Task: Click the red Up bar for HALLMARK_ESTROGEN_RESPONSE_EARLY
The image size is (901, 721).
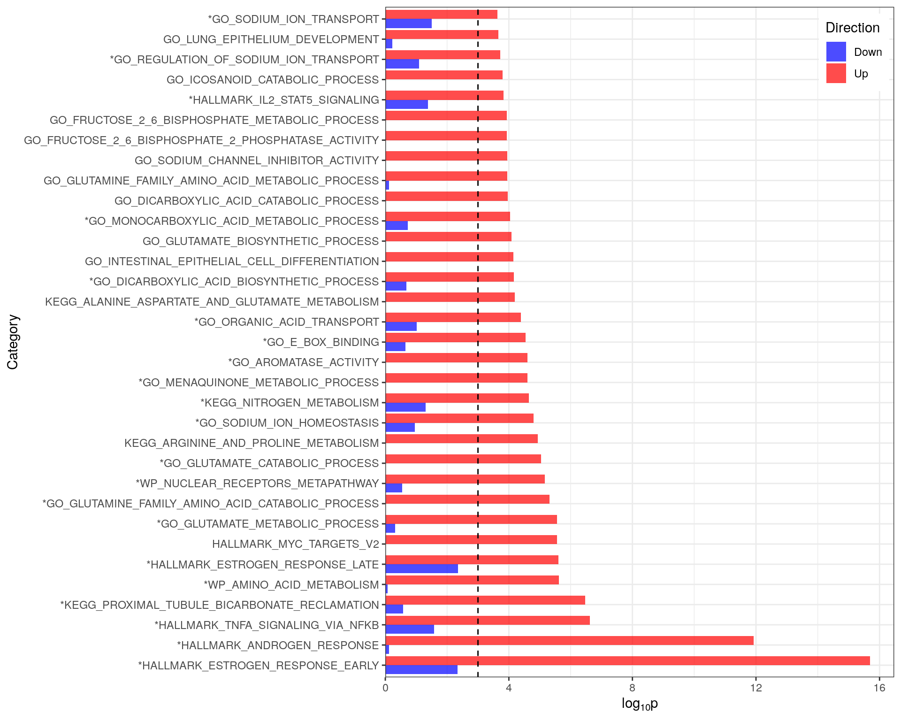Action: coord(627,660)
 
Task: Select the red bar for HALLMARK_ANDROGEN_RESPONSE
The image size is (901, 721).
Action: coord(569,640)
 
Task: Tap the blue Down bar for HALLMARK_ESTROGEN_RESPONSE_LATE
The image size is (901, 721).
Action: coord(421,568)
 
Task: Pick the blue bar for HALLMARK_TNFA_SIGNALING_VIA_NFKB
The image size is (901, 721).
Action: coord(410,629)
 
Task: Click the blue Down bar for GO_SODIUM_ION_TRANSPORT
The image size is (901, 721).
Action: coord(408,23)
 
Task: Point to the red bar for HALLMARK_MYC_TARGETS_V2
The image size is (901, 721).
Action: coord(471,539)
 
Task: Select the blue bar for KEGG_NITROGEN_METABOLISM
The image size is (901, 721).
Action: coord(405,407)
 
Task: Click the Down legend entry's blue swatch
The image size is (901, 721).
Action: coord(836,52)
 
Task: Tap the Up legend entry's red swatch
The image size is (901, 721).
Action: coord(836,74)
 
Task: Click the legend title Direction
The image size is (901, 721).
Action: coord(852,28)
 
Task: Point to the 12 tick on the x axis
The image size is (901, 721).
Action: coord(756,688)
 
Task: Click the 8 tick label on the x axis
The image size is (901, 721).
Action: coord(632,688)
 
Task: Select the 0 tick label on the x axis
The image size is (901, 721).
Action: coord(385,688)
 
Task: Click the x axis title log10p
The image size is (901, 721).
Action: coord(639,704)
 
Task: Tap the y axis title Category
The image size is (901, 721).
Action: coord(13,342)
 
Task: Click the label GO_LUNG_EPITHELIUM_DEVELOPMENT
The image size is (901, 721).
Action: coord(271,39)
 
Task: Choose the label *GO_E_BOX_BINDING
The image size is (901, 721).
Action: coord(321,342)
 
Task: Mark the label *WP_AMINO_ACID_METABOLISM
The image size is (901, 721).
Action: coord(291,585)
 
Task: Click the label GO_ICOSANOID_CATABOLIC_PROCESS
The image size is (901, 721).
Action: coord(272,80)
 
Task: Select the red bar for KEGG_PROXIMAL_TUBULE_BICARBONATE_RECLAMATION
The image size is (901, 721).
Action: coord(485,600)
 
